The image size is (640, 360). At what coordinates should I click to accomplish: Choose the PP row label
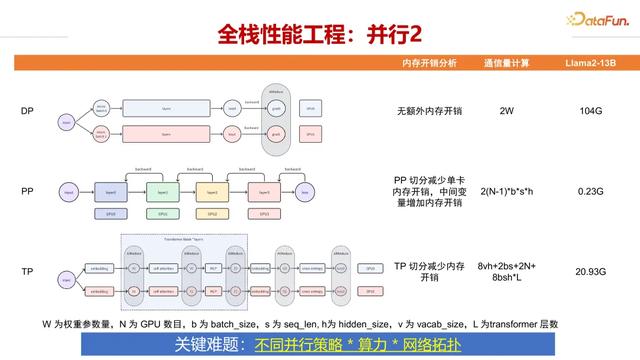tap(27, 190)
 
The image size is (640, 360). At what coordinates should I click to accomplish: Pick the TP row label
tap(27, 272)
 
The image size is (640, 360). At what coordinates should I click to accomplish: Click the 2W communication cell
tap(506, 110)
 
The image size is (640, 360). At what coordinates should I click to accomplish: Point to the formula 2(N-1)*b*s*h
tap(506, 190)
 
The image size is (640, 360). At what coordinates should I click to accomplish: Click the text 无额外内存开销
tap(428, 110)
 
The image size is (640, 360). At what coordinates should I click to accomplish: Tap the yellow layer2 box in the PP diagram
tap(213, 191)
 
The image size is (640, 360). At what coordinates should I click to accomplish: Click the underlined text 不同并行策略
tap(298, 344)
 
